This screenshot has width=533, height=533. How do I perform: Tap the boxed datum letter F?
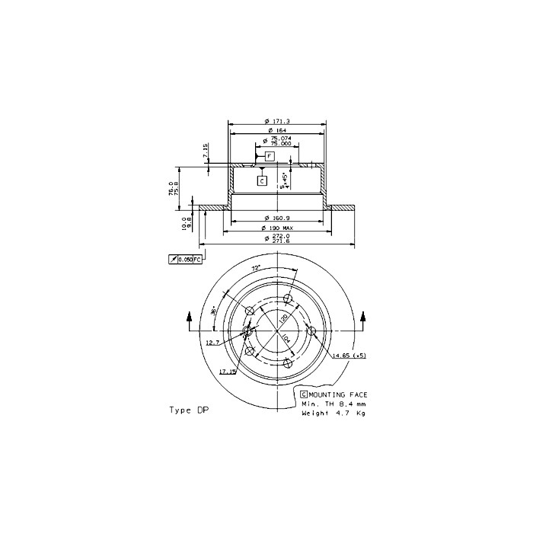[x=269, y=155]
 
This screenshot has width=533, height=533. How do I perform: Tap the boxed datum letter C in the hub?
[x=261, y=180]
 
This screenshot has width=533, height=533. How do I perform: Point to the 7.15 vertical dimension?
[x=206, y=151]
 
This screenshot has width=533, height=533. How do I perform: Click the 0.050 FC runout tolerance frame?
[x=185, y=260]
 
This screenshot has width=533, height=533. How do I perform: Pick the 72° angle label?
[x=256, y=269]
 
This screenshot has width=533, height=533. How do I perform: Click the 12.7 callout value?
[x=212, y=343]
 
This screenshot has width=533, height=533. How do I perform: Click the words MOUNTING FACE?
[x=338, y=394]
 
